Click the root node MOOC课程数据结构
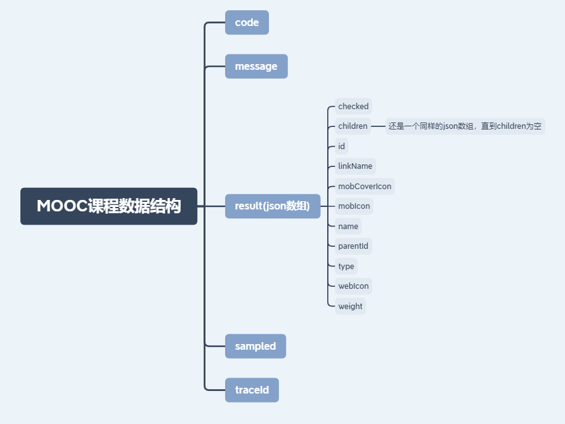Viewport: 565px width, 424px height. (x=108, y=206)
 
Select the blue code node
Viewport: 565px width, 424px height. (x=247, y=22)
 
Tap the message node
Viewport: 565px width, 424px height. (x=256, y=66)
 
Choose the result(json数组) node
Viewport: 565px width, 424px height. (x=273, y=206)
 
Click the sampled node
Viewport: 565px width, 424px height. (x=256, y=346)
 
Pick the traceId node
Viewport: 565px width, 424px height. (x=252, y=390)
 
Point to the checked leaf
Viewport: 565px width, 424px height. (x=353, y=107)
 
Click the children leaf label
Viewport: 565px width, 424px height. (x=353, y=126)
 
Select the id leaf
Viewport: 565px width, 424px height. (x=342, y=147)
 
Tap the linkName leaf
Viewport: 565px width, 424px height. (x=355, y=166)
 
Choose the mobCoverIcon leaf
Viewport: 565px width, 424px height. (x=365, y=187)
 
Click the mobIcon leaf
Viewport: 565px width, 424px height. (x=354, y=206)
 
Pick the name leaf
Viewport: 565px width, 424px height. (x=348, y=227)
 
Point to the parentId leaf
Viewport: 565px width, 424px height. (x=353, y=246)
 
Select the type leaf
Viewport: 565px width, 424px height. (x=346, y=266)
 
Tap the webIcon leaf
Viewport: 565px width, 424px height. (x=353, y=286)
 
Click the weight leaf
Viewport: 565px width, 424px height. (x=350, y=307)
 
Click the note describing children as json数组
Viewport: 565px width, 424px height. (x=465, y=126)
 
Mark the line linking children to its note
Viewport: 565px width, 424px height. (x=378, y=126)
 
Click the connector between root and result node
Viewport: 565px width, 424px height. (x=211, y=206)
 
